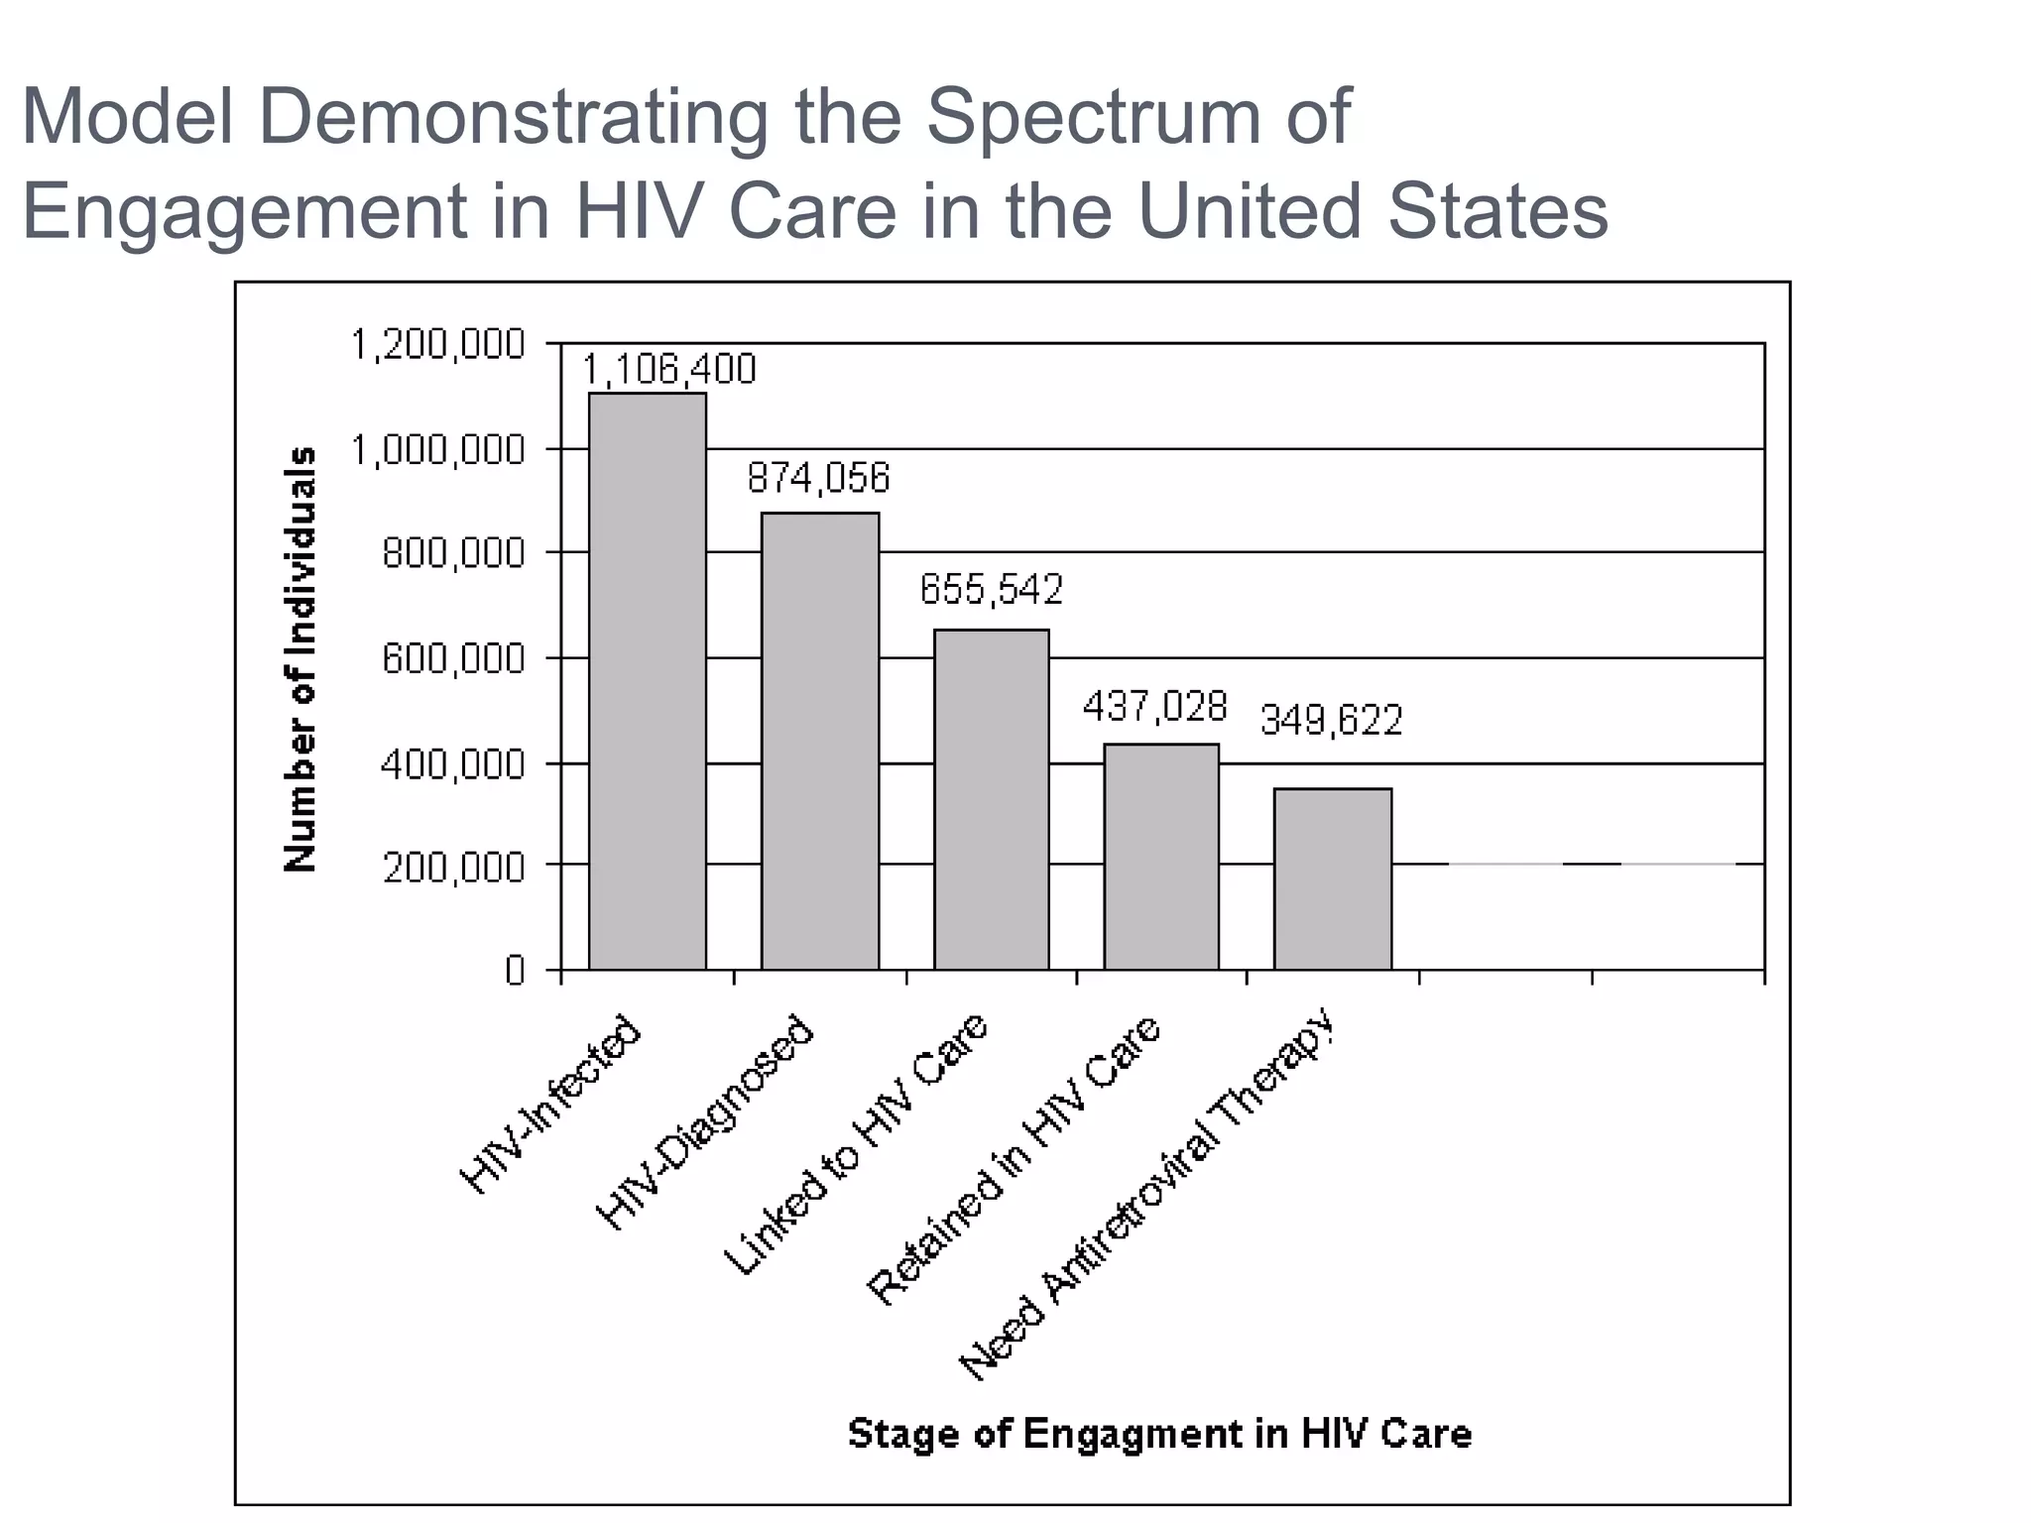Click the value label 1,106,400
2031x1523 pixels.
[667, 370]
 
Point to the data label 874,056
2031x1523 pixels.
[818, 479]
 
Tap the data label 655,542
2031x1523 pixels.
[991, 590]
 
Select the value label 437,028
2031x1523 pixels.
[1154, 707]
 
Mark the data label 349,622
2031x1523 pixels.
[1331, 721]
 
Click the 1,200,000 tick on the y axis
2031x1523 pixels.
[437, 345]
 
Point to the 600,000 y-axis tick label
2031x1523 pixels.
[453, 658]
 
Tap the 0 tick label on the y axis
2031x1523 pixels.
[514, 970]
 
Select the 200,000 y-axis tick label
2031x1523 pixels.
[453, 868]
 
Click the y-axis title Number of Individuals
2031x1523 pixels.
[300, 658]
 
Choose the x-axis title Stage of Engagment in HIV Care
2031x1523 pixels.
[1159, 1434]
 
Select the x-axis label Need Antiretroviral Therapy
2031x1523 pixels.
[1148, 1195]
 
